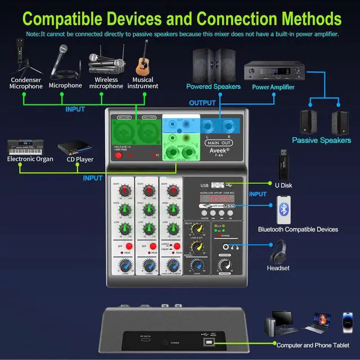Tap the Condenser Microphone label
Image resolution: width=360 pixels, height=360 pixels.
[26, 83]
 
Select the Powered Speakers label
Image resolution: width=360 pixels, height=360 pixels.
[214, 87]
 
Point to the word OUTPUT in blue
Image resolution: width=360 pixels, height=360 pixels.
[202, 103]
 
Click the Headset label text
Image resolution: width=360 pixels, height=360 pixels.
[278, 268]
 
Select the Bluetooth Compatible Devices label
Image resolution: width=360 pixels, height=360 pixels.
[298, 229]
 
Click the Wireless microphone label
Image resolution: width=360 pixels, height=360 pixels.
[106, 83]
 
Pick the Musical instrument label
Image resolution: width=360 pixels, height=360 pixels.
[142, 83]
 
